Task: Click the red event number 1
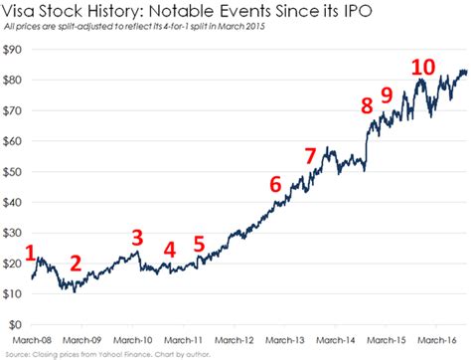pyautogui.click(x=31, y=254)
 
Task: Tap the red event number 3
pyautogui.click(x=137, y=237)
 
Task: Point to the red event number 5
pyautogui.click(x=199, y=244)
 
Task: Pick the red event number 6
pyautogui.click(x=275, y=184)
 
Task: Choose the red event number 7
pyautogui.click(x=310, y=156)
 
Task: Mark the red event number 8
pyautogui.click(x=367, y=104)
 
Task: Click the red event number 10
pyautogui.click(x=423, y=68)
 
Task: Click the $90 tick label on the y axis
pyautogui.click(x=14, y=49)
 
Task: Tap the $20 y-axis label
pyautogui.click(x=14, y=263)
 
